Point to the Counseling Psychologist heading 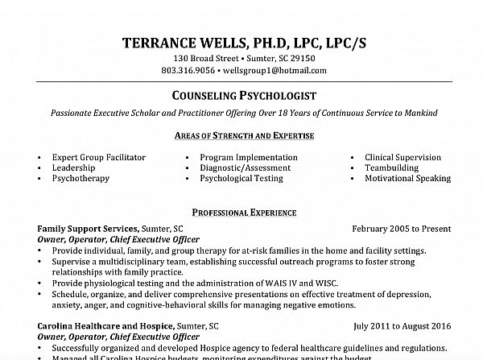pos(242,97)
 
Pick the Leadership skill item pos(75,168)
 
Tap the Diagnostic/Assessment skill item pos(246,168)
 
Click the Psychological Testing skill pos(247,178)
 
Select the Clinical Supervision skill pos(402,157)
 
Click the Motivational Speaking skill pos(407,178)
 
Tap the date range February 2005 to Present pos(397,230)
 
